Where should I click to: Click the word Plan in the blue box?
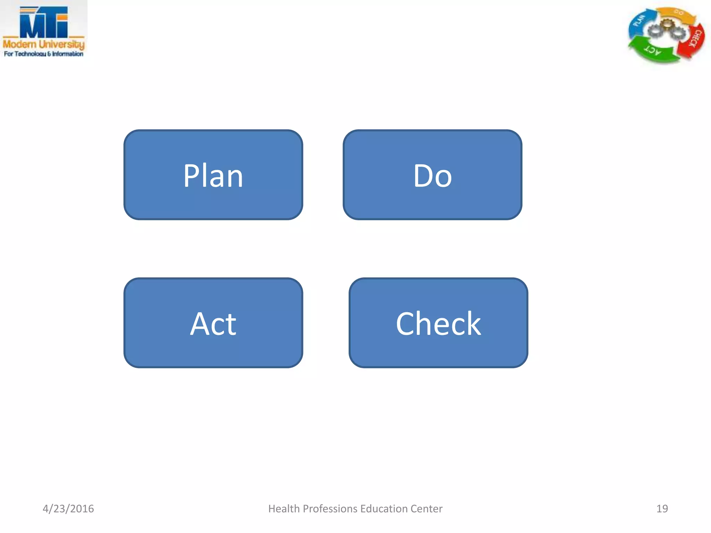213,176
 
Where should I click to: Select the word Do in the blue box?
432,176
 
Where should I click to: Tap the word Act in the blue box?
213,324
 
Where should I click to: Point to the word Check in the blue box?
438,324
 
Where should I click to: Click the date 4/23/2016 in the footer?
68,508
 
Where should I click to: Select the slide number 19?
662,508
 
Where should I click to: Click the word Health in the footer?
284,508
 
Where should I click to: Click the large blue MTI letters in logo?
43,23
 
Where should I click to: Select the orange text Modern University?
44,44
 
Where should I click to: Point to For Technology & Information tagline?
44,54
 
